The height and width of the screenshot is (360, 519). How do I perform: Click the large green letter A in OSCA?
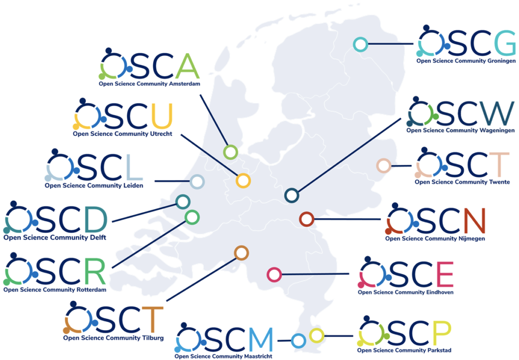tap(188, 65)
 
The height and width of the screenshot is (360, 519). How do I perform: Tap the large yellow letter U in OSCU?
tap(162, 116)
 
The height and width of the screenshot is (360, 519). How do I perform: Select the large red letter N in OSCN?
tap(474, 221)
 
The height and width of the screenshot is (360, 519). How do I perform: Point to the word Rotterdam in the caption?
tap(91, 290)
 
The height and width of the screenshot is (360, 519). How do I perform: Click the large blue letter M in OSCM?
tap(261, 340)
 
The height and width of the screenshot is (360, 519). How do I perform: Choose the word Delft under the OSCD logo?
tap(98, 237)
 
